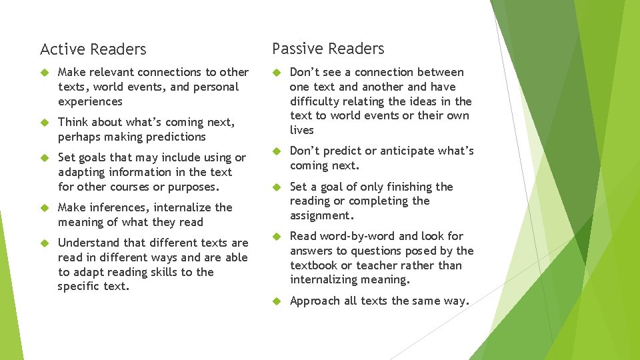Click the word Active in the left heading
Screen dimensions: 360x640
click(x=61, y=49)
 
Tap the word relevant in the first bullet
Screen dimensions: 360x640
click(x=113, y=72)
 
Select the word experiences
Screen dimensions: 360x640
click(x=90, y=101)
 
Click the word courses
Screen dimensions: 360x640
click(x=134, y=187)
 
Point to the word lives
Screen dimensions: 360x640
click(x=301, y=130)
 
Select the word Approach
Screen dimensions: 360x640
click(x=315, y=301)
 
